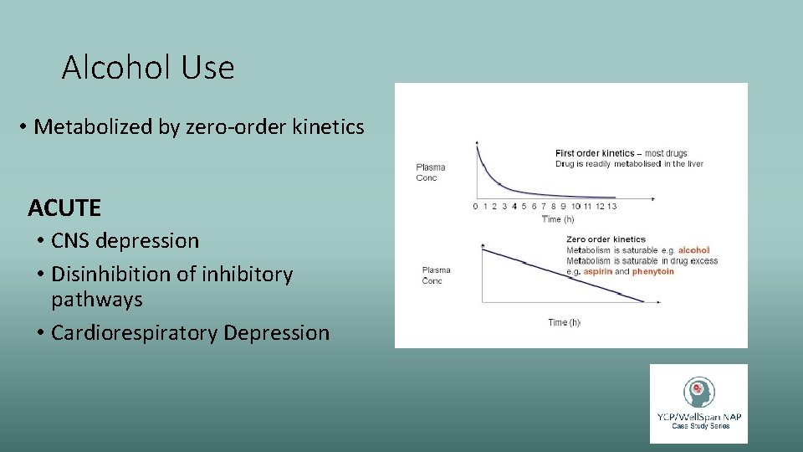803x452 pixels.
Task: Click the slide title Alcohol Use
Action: [148, 67]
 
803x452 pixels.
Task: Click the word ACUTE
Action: [64, 207]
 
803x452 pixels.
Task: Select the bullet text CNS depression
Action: [125, 241]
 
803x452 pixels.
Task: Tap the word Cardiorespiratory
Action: [134, 333]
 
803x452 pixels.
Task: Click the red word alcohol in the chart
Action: [693, 250]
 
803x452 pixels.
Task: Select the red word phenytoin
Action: [653, 272]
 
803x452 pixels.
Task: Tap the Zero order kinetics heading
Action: [606, 239]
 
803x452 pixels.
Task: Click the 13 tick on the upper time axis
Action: [612, 206]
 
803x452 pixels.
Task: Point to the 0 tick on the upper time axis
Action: [475, 206]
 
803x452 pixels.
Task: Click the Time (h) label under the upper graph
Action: [558, 219]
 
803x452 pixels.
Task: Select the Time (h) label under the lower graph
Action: [564, 322]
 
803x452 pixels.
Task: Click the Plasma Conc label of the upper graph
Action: [431, 172]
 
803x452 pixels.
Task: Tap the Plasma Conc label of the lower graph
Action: [436, 275]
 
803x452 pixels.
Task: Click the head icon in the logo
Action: [698, 391]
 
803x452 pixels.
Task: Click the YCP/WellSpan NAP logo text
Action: [699, 416]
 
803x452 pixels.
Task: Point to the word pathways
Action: [97, 300]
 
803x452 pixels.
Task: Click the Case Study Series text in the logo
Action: [700, 427]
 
